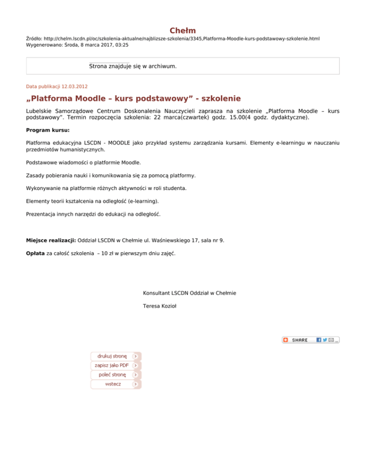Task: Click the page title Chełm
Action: [x=183, y=31]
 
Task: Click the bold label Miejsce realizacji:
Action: [x=51, y=241]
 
